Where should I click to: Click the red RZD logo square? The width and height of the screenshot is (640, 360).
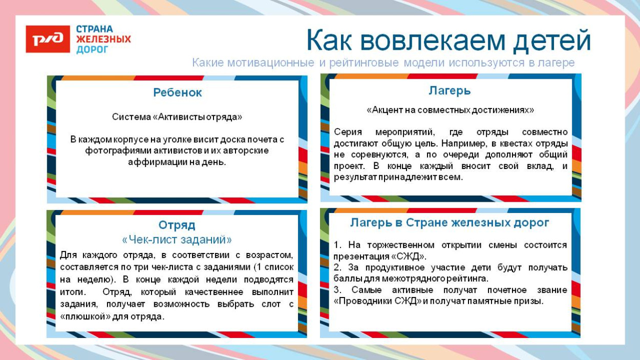pyautogui.click(x=48, y=39)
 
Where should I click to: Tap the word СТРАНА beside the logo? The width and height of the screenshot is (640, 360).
pyautogui.click(x=95, y=29)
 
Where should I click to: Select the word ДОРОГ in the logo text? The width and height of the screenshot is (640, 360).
pyautogui.click(x=93, y=50)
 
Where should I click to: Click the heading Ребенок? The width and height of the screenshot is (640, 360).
pyautogui.click(x=177, y=93)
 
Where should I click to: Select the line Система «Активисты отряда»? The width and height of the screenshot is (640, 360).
pyautogui.click(x=177, y=117)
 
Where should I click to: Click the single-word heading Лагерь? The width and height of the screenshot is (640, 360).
pyautogui.click(x=450, y=91)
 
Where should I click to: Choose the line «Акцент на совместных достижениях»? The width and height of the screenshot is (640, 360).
pyautogui.click(x=450, y=110)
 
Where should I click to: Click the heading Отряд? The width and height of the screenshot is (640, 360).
pyautogui.click(x=177, y=225)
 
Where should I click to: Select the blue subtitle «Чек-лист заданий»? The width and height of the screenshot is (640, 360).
pyautogui.click(x=177, y=240)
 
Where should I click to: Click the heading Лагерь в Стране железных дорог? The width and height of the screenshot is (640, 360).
pyautogui.click(x=450, y=223)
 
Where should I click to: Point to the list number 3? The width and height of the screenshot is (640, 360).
pyautogui.click(x=337, y=290)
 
